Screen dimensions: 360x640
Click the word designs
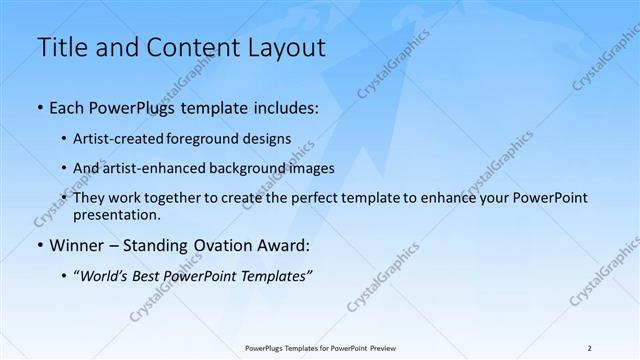270,139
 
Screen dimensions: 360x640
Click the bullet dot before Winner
39,245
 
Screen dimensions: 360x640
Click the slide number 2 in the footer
590,348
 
